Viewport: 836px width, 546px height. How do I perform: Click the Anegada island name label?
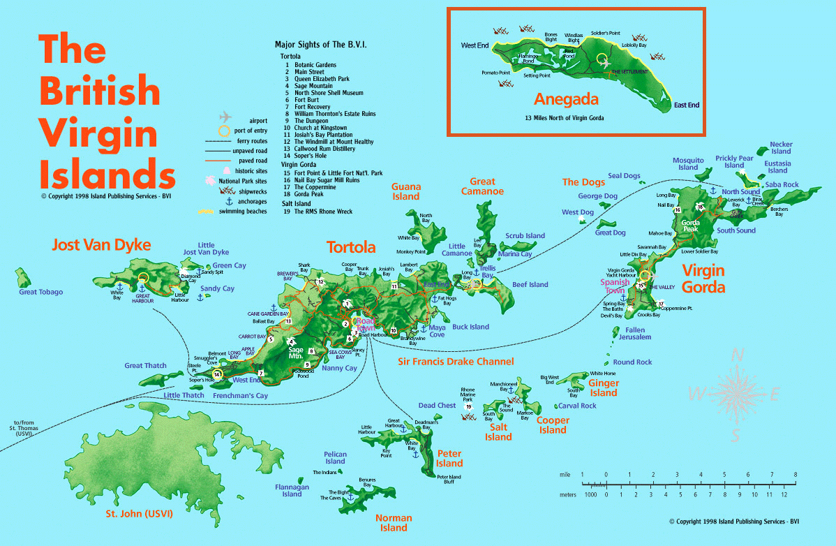pos(566,99)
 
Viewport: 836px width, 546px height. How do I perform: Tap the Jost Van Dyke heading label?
pos(101,245)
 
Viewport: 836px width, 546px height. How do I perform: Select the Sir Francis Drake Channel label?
pos(456,362)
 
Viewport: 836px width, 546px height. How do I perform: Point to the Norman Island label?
pos(394,523)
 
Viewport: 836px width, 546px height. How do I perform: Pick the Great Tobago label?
pos(40,292)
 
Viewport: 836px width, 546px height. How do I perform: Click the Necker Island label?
pos(781,148)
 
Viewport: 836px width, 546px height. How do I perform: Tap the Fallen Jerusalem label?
pos(634,334)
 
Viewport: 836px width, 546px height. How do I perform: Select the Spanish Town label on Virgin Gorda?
pos(615,286)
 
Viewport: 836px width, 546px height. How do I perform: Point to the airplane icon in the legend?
pos(225,117)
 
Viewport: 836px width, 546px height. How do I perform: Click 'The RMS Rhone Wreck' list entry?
pos(323,212)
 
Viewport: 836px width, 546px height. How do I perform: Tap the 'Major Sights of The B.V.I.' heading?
pos(321,44)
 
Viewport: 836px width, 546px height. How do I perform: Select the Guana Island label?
pos(405,191)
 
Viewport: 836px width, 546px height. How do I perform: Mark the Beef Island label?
pos(530,285)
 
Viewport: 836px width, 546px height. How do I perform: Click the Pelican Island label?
pos(335,458)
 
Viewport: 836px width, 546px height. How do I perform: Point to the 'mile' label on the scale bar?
pos(565,475)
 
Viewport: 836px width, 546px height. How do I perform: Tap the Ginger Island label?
pos(604,388)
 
